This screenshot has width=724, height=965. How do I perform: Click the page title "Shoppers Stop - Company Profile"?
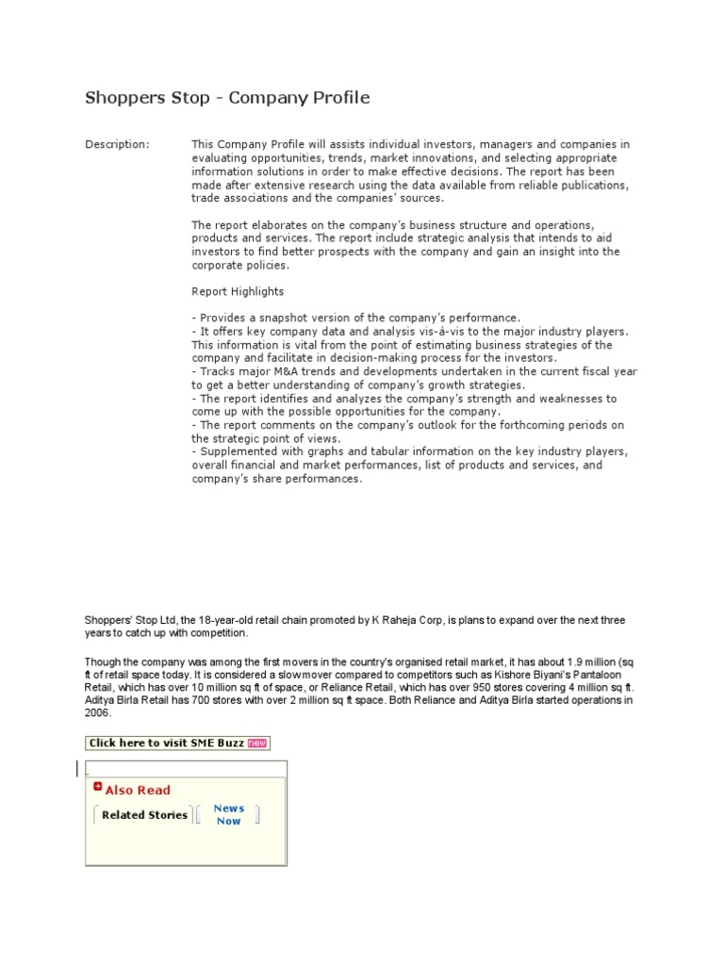227,98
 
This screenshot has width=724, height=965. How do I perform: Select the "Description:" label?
117,144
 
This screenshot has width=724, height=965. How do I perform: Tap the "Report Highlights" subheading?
238,292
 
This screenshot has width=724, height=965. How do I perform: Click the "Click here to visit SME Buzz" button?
166,743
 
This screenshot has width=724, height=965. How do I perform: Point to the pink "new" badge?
257,743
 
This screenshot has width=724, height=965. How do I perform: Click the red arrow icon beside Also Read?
97,787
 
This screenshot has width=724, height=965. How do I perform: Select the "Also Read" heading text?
138,791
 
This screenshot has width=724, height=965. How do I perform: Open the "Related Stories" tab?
144,815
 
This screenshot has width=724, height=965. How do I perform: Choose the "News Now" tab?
228,814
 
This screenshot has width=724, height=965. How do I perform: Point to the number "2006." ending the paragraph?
98,712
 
